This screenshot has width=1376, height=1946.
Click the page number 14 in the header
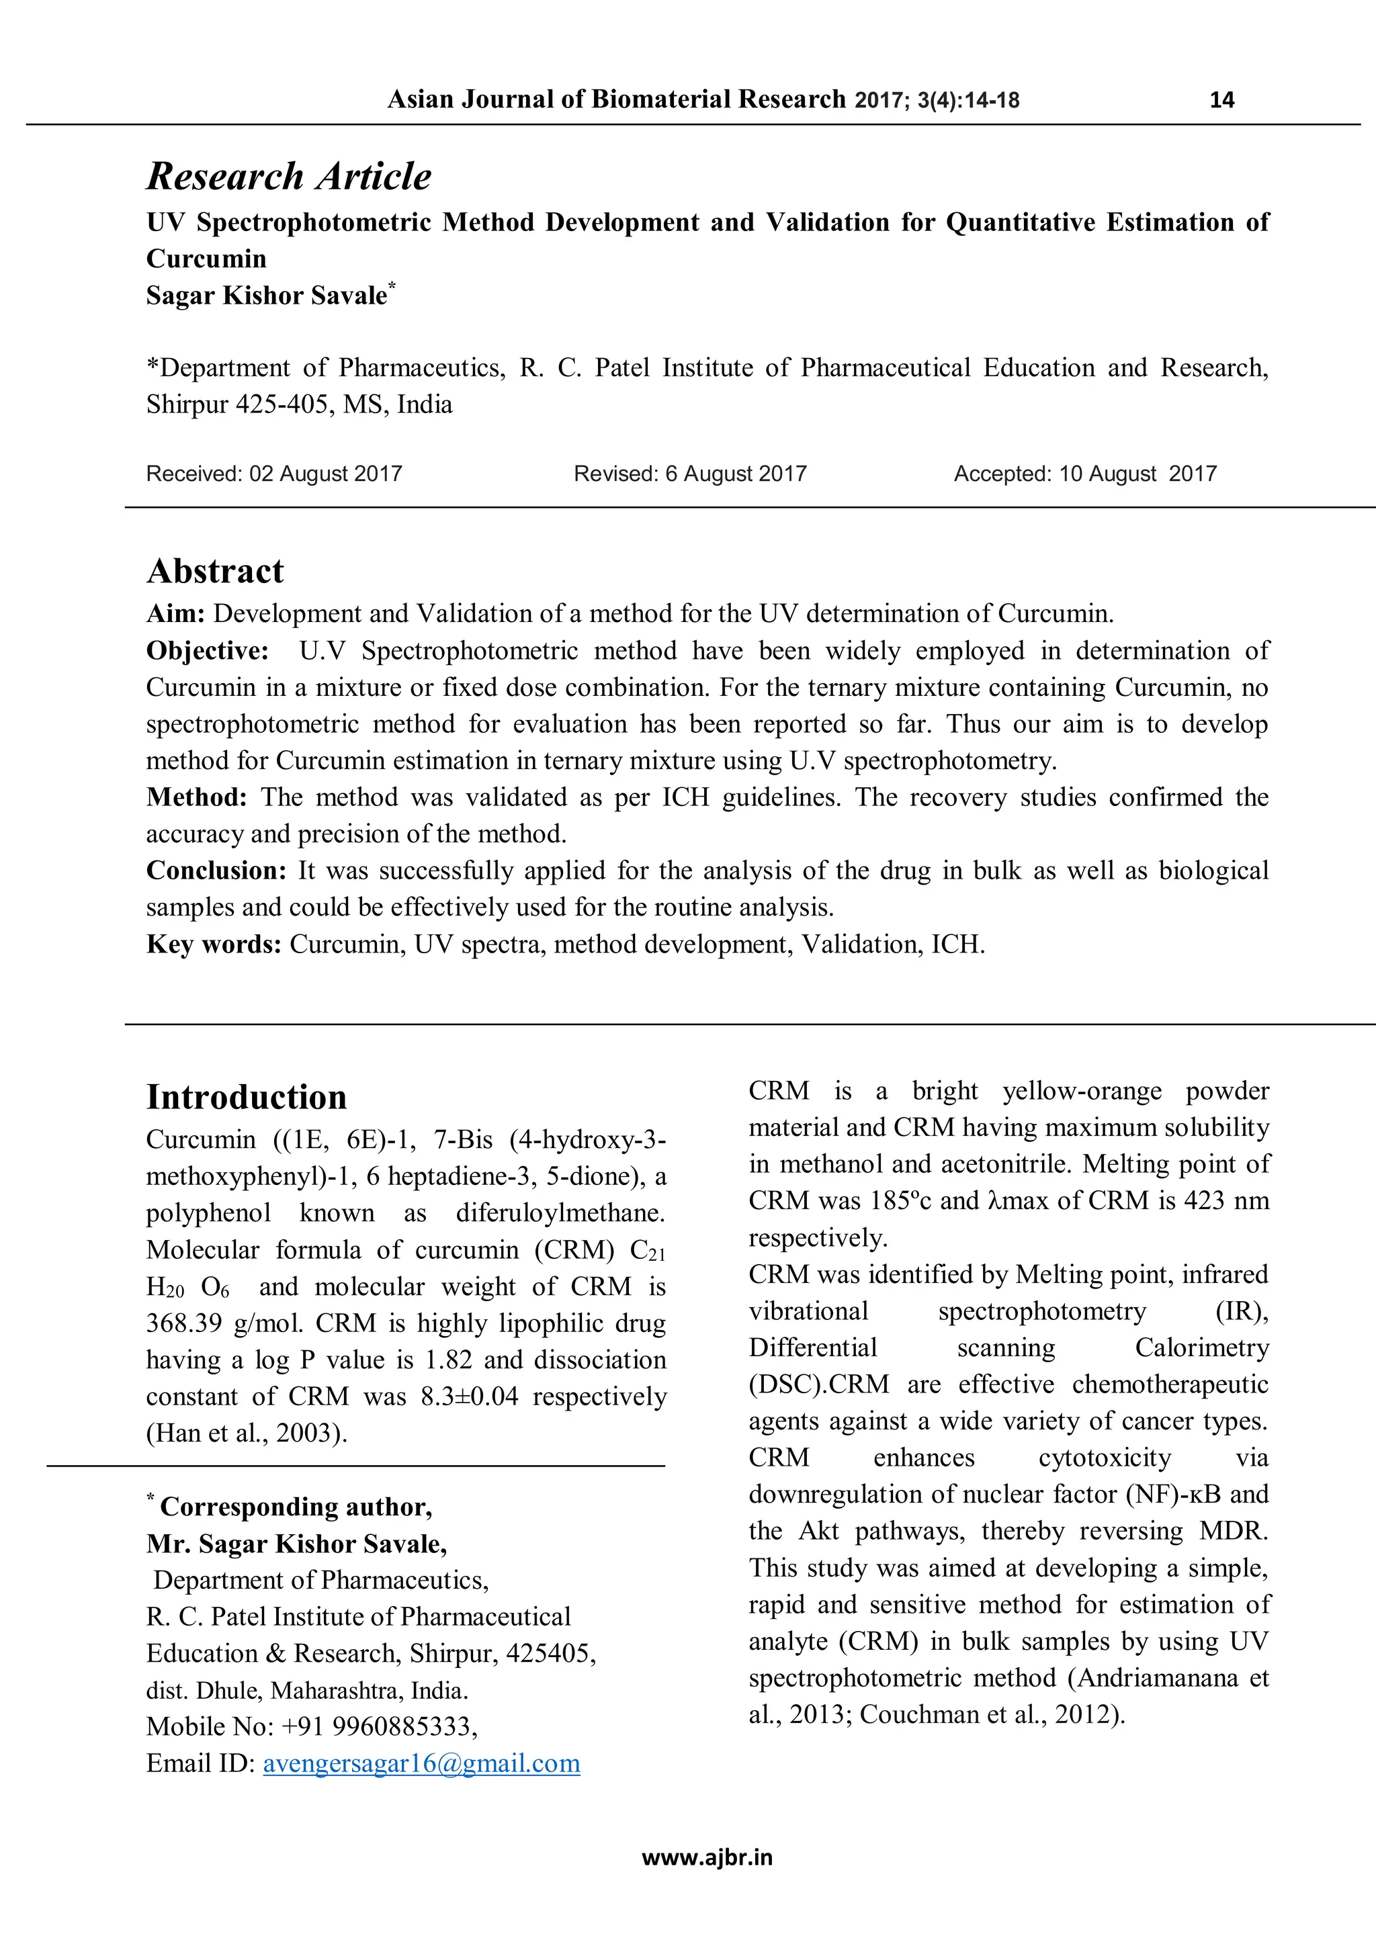point(1221,100)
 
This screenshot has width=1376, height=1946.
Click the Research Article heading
point(289,176)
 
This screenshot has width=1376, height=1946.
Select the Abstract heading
point(216,571)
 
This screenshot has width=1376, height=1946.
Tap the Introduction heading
point(247,1097)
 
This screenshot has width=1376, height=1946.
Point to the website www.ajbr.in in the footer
point(707,1858)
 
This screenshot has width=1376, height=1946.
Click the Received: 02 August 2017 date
point(274,474)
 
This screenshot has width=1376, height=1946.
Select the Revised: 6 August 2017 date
point(690,474)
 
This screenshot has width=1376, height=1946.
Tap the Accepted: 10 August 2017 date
point(1084,474)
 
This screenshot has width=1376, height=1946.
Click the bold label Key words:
point(214,944)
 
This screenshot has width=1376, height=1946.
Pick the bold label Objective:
point(208,651)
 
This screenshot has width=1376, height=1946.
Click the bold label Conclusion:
point(217,871)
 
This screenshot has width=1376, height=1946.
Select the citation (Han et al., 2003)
point(247,1433)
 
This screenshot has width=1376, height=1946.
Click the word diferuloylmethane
point(560,1213)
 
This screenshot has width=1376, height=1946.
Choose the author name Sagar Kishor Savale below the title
point(266,296)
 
